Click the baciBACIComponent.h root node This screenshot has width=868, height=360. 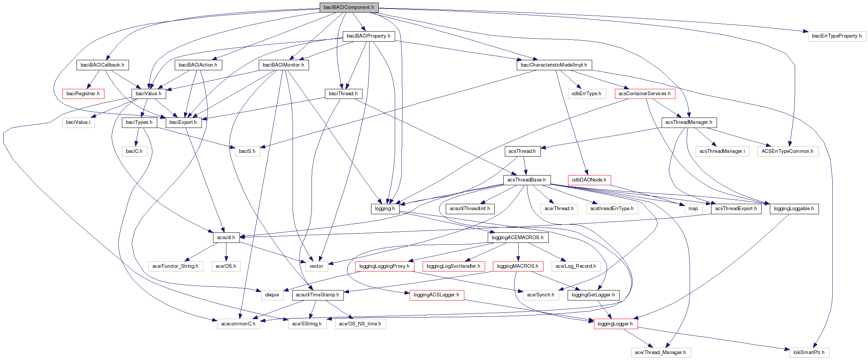pyautogui.click(x=349, y=7)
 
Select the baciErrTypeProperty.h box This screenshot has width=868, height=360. pyautogui.click(x=837, y=36)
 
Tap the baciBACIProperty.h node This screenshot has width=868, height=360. pyautogui.click(x=368, y=36)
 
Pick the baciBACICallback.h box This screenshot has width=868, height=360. pyautogui.click(x=102, y=65)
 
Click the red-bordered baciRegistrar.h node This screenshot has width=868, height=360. pyautogui.click(x=83, y=94)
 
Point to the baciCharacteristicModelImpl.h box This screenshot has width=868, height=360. pyautogui.click(x=554, y=65)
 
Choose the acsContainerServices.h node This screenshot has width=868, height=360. pyautogui.click(x=645, y=94)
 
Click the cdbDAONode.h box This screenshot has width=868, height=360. pyautogui.click(x=589, y=180)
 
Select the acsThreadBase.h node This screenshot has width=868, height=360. pyautogui.click(x=526, y=180)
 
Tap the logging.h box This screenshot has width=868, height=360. pyautogui.click(x=385, y=209)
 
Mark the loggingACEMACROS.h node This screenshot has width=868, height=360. pyautogui.click(x=517, y=238)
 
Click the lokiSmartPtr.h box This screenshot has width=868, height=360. pyautogui.click(x=809, y=353)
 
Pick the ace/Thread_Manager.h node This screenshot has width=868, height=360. pyautogui.click(x=660, y=353)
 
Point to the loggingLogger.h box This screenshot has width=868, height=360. pyautogui.click(x=615, y=324)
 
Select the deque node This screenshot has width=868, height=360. pyautogui.click(x=272, y=295)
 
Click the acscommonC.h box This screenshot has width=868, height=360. pyautogui.click(x=238, y=324)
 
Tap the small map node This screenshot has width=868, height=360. pyautogui.click(x=693, y=209)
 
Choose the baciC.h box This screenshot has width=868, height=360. pyautogui.click(x=134, y=151)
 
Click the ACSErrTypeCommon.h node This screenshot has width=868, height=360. pyautogui.click(x=787, y=151)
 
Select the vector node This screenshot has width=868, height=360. pyautogui.click(x=316, y=266)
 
